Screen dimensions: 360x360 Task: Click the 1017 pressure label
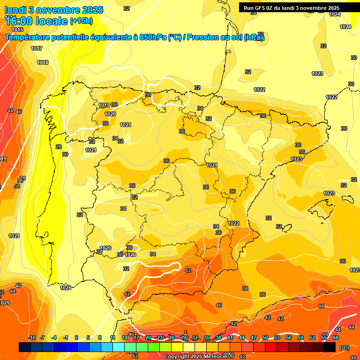(37, 49)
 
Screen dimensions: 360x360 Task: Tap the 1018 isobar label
(43, 63)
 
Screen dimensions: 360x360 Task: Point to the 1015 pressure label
(17, 43)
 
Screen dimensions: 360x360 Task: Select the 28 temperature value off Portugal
(59, 147)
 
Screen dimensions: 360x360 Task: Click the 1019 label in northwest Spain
(104, 105)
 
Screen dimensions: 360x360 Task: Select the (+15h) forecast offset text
(81, 21)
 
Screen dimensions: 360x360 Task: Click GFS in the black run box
(260, 8)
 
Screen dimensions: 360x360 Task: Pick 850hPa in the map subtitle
(153, 37)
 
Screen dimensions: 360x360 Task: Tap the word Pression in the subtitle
(202, 37)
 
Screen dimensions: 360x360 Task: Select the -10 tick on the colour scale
(32, 338)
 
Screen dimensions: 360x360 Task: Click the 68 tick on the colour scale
(336, 338)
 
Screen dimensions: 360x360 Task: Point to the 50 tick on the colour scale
(265, 338)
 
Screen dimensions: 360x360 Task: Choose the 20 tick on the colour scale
(148, 338)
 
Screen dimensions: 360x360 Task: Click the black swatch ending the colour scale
(330, 347)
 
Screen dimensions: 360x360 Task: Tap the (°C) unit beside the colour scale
(345, 348)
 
